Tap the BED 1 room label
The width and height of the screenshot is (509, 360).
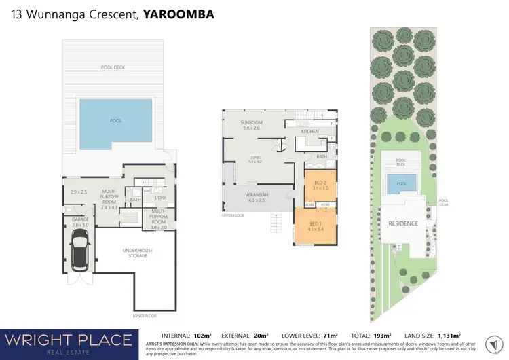pyautogui.click(x=315, y=224)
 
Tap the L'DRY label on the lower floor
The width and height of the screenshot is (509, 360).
pyautogui.click(x=161, y=198)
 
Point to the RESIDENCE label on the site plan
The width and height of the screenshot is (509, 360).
pyautogui.click(x=402, y=223)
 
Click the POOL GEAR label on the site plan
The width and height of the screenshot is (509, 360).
pyautogui.click(x=444, y=201)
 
